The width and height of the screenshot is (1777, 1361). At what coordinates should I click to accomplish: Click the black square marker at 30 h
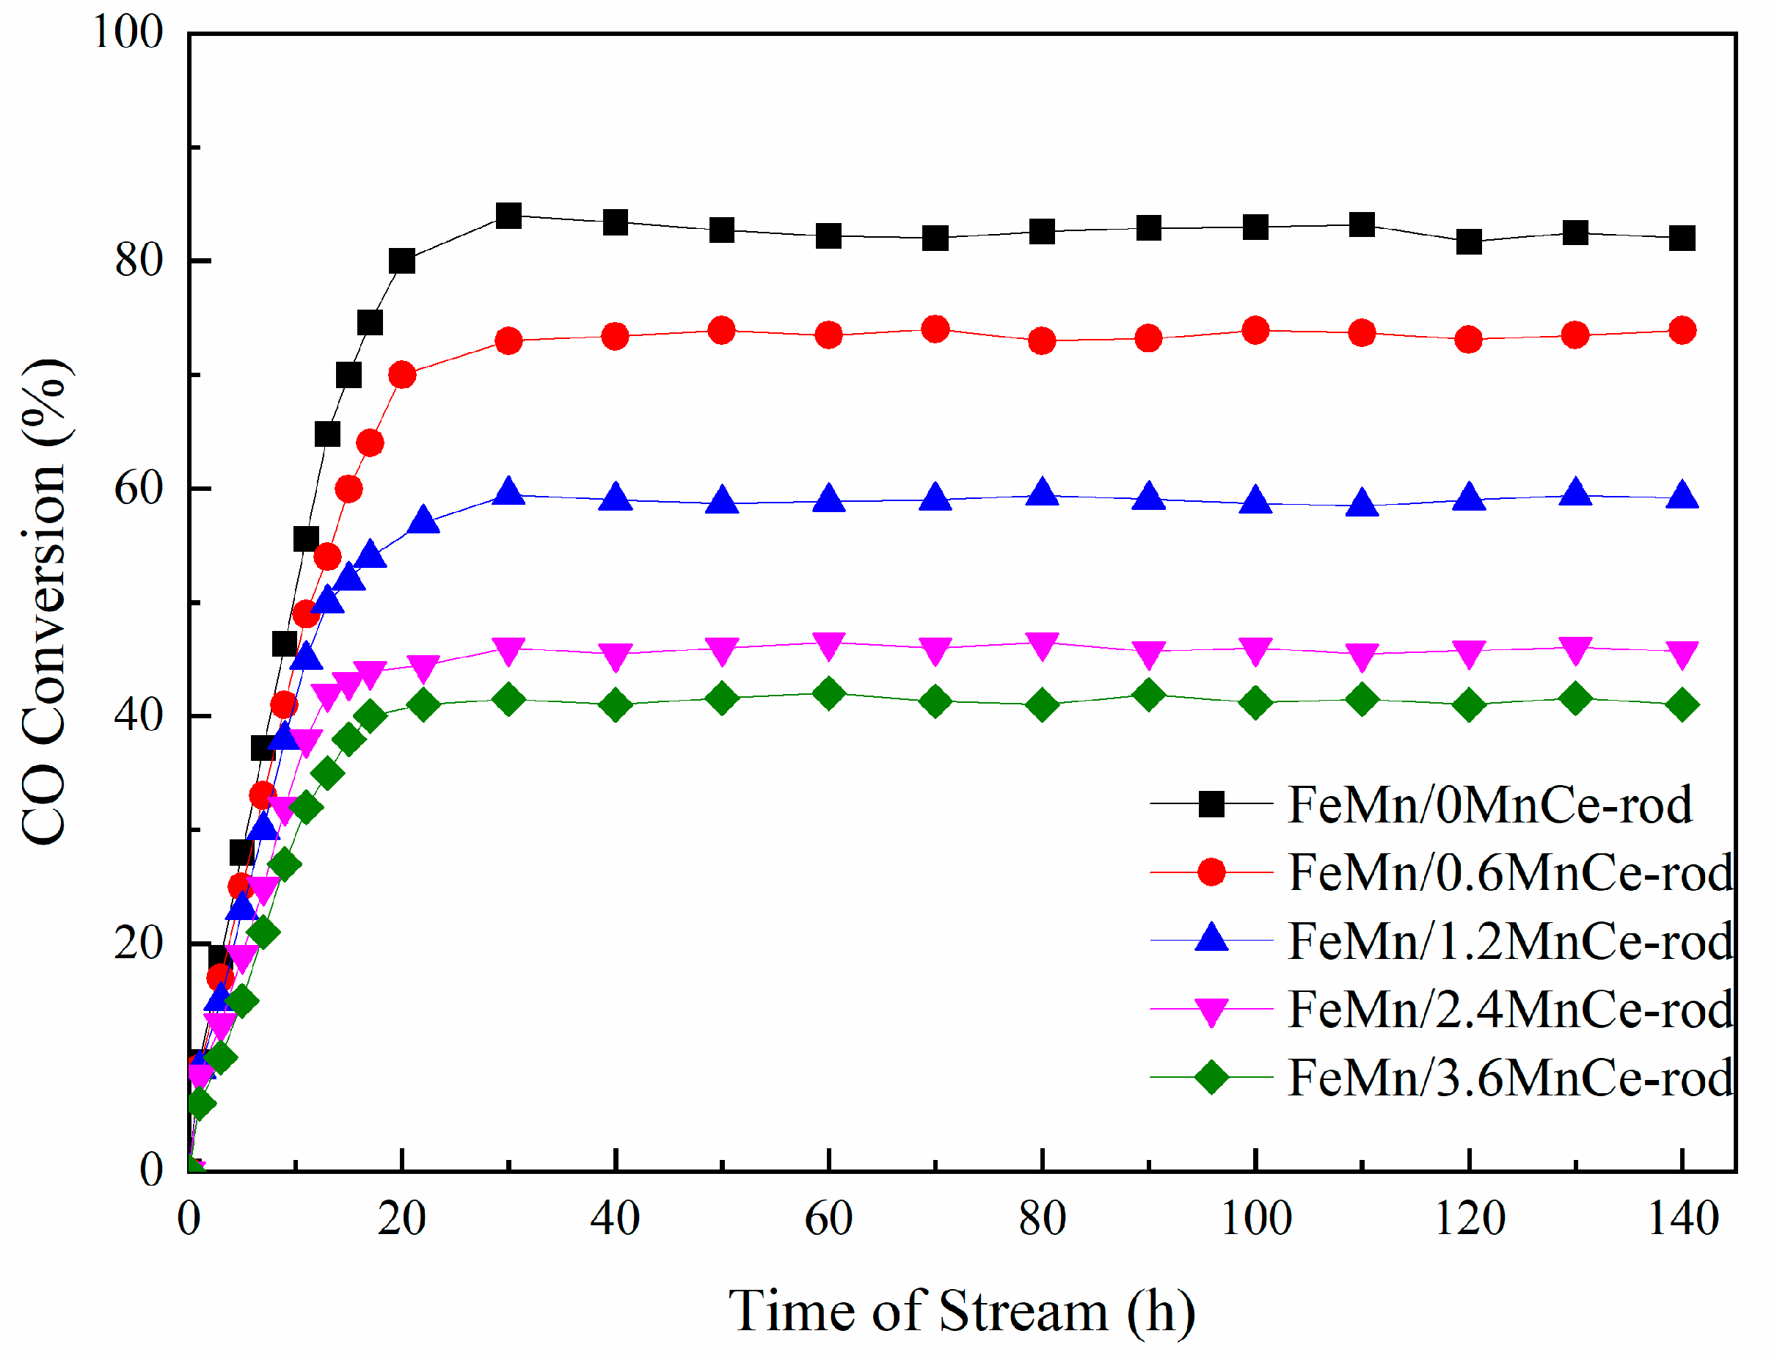click(x=508, y=216)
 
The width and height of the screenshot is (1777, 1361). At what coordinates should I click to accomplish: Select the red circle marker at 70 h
click(x=935, y=329)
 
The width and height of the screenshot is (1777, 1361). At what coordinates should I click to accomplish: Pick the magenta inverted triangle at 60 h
click(x=828, y=646)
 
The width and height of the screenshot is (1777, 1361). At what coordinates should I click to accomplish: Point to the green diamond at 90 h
click(x=1148, y=695)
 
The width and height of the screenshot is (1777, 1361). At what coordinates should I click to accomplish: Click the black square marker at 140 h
click(x=1682, y=239)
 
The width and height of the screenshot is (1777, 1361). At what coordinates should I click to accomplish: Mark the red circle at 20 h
click(x=402, y=375)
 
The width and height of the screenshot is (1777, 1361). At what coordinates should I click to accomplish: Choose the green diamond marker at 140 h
click(x=1682, y=706)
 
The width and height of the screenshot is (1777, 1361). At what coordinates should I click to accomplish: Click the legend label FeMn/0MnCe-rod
click(x=1490, y=806)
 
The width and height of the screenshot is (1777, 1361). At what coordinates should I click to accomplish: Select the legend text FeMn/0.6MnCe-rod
click(x=1511, y=873)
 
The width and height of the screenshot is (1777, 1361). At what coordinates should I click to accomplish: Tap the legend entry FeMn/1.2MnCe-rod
click(x=1511, y=942)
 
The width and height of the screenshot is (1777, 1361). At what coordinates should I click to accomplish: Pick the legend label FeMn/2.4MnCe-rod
click(x=1511, y=1010)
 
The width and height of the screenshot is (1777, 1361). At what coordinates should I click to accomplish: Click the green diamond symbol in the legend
click(x=1211, y=1078)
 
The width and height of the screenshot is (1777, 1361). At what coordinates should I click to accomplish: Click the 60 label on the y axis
click(x=139, y=488)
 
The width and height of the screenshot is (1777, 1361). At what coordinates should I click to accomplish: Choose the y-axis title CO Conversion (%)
click(x=45, y=601)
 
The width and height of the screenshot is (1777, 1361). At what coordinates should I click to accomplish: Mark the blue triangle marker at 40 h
click(x=616, y=497)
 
